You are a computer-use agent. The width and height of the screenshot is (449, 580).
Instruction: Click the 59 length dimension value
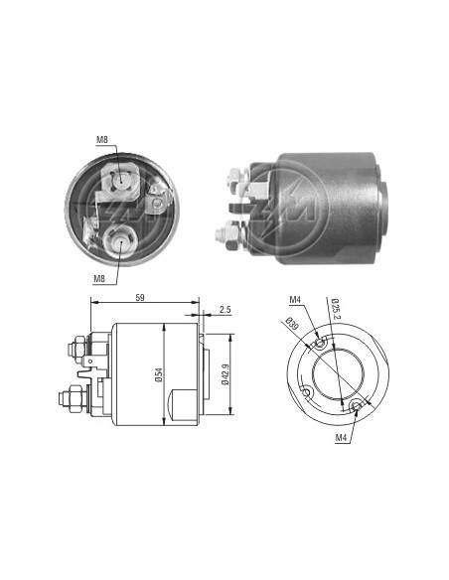(140, 297)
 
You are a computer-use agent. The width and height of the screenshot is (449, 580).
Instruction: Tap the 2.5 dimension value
(224, 310)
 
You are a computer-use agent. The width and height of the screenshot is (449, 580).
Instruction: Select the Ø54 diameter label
(159, 374)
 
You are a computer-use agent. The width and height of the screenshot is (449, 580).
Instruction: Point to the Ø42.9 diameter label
(225, 374)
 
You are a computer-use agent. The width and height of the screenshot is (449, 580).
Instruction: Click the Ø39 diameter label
(293, 324)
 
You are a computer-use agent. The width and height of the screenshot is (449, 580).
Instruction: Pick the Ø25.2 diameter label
(336, 309)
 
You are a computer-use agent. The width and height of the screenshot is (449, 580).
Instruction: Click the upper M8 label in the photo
(102, 140)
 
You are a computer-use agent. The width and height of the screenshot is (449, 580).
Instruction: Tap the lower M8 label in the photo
(99, 279)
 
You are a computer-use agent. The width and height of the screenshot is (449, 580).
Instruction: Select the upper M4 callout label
(295, 300)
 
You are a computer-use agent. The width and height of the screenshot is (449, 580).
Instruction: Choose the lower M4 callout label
(341, 438)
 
